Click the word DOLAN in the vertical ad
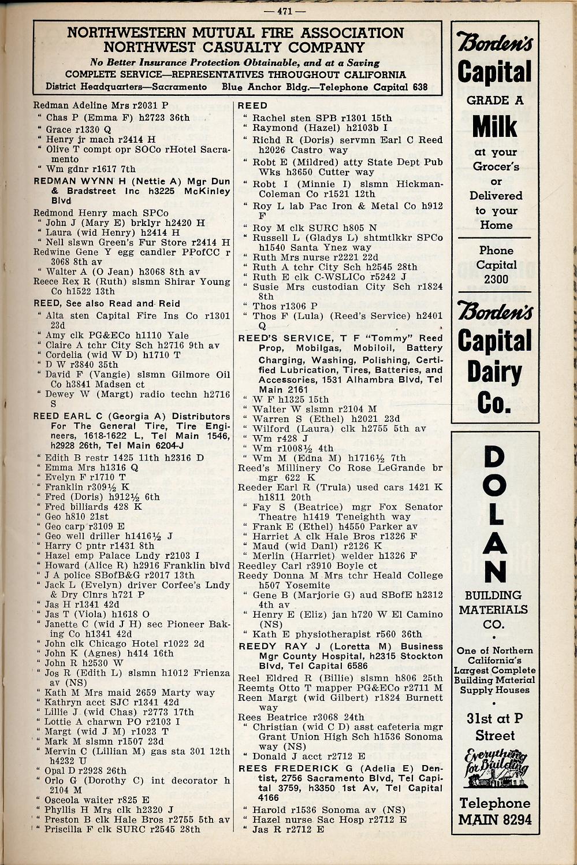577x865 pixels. pos(494,514)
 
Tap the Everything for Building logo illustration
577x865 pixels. pos(494,769)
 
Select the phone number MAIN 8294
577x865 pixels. pos(495,819)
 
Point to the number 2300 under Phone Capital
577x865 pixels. pos(496,279)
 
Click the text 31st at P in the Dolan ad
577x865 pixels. pos(495,719)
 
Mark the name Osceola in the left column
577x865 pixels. pos(65,800)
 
